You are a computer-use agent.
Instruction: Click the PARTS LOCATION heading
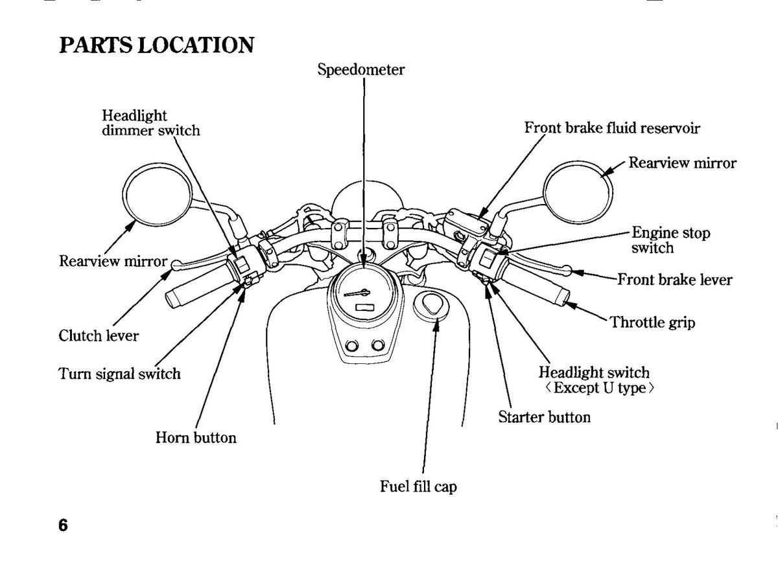157,45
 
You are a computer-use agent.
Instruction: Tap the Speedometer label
361,69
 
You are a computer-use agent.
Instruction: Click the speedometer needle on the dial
357,293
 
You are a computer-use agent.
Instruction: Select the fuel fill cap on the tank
431,305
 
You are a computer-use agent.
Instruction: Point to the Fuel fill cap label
418,486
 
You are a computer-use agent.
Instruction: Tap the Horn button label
196,438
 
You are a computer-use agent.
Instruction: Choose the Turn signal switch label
119,374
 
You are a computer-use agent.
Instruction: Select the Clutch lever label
99,335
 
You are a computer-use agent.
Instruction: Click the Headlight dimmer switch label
150,123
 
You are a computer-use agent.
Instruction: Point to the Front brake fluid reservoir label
612,128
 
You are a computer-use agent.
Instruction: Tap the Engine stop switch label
670,240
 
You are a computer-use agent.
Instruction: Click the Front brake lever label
675,280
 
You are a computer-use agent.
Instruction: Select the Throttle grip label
653,323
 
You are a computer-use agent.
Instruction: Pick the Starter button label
544,417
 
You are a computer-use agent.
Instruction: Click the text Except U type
600,388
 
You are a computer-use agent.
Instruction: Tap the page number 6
64,525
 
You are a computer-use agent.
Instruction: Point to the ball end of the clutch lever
177,265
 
